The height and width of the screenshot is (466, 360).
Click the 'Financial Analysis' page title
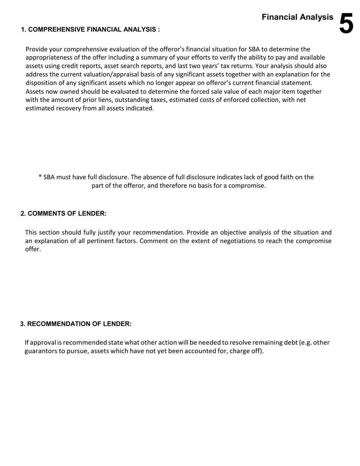pyautogui.click(x=297, y=17)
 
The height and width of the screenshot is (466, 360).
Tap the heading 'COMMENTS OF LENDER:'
pyautogui.click(x=67, y=213)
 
